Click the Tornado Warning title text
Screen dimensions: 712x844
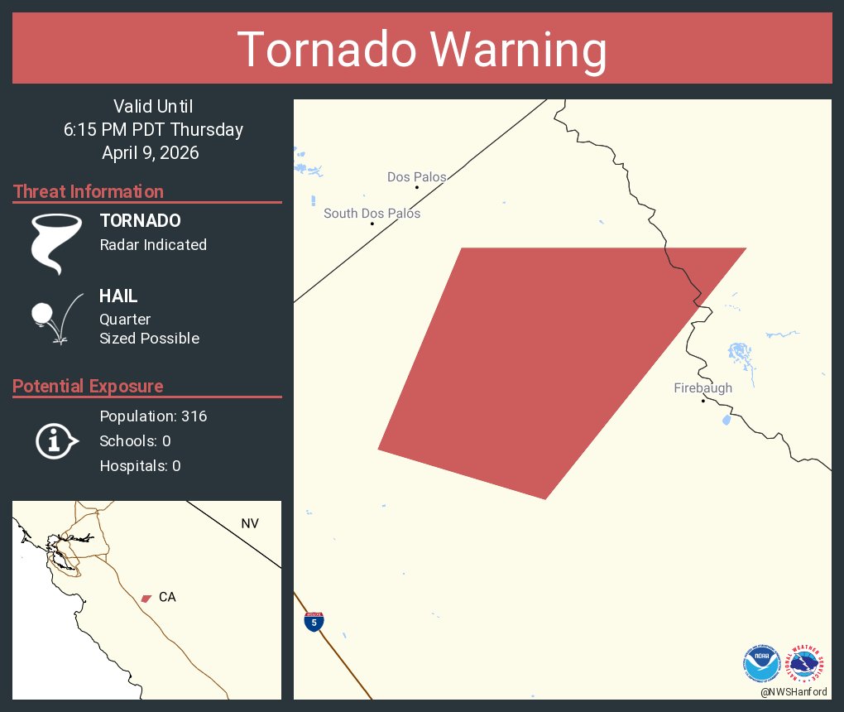pos(422,50)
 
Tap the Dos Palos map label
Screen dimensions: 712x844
pos(416,177)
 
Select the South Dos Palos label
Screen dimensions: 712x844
pos(372,214)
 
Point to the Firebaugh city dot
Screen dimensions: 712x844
pos(703,402)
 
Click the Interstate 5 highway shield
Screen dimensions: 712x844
pos(314,622)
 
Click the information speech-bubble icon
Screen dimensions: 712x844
pos(55,441)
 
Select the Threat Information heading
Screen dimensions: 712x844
pos(89,192)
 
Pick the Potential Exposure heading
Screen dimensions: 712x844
pos(88,387)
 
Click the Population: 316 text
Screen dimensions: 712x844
pos(153,416)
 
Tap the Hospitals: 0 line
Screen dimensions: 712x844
pos(140,466)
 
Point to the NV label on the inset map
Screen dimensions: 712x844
pos(249,523)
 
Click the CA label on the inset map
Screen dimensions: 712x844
pos(167,597)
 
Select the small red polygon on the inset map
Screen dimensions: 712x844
pos(146,598)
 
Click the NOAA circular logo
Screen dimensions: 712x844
pos(761,664)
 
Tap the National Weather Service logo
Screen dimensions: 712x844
pos(808,664)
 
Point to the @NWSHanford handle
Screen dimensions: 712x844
pos(794,692)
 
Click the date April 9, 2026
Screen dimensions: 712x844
pos(151,153)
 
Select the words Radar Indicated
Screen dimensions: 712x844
pos(153,245)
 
